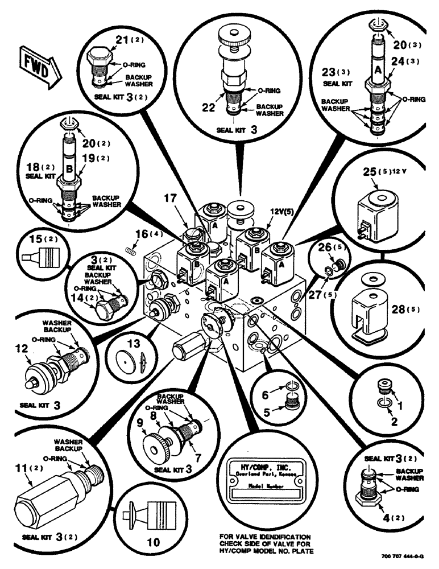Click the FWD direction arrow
[37, 63]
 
